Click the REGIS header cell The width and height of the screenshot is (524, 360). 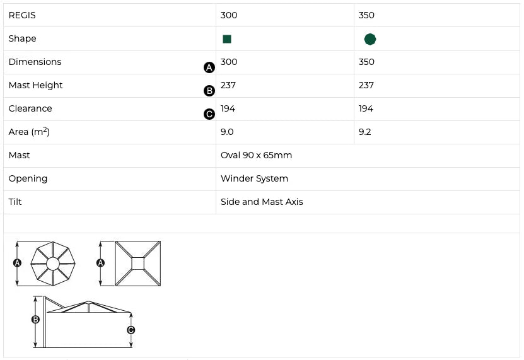click(x=22, y=15)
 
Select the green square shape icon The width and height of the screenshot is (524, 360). click(x=227, y=39)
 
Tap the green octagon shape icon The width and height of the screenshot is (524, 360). click(x=370, y=39)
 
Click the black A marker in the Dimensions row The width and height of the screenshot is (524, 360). click(x=209, y=67)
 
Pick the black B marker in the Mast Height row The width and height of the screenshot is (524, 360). click(x=209, y=91)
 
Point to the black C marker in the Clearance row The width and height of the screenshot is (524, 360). click(x=209, y=114)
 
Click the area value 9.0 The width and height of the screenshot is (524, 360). click(x=227, y=132)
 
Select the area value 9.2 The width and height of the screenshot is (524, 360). click(x=364, y=132)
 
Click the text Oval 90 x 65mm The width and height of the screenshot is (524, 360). click(x=256, y=155)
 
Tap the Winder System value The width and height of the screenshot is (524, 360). click(x=254, y=178)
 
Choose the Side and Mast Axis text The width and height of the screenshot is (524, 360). click(x=262, y=202)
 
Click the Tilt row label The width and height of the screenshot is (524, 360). click(x=15, y=202)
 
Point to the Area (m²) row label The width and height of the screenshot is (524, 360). click(x=29, y=132)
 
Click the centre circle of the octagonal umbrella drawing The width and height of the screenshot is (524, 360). click(x=53, y=264)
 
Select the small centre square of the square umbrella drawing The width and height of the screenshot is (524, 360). click(x=137, y=264)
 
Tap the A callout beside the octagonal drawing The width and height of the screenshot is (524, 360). click(x=17, y=263)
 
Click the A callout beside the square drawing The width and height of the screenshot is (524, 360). click(x=100, y=263)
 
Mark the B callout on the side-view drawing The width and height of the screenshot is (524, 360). click(x=35, y=320)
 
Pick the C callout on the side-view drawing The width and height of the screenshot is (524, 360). click(x=131, y=330)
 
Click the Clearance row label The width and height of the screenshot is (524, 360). click(x=30, y=108)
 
